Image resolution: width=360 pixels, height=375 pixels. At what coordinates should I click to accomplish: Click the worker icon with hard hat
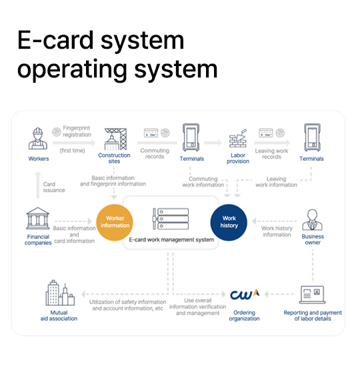click(38, 139)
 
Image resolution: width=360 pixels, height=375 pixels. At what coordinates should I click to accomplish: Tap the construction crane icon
click(115, 139)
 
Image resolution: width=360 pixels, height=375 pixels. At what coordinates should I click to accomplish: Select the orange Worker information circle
click(115, 222)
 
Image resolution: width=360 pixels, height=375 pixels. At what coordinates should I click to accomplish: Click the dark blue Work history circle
click(229, 222)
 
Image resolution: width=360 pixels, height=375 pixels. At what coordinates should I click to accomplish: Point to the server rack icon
click(171, 219)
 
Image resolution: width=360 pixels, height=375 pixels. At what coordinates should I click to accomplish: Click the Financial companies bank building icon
click(38, 218)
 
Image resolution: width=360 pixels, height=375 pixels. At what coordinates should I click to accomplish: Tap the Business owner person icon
click(313, 220)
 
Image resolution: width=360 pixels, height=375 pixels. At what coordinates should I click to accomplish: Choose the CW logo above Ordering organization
click(245, 295)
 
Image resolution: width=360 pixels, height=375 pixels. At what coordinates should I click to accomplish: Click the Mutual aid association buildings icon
click(60, 293)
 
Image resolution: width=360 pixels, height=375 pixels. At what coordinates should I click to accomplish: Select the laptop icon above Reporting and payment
click(313, 295)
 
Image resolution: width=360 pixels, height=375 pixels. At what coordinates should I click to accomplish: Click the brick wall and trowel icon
click(238, 139)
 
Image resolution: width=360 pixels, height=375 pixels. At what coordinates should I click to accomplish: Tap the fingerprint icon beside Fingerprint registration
click(57, 131)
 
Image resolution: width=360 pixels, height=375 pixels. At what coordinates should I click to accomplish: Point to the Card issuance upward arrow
click(37, 185)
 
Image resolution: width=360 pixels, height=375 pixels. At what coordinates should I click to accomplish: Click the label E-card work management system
click(171, 240)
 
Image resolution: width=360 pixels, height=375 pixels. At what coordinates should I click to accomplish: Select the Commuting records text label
click(155, 153)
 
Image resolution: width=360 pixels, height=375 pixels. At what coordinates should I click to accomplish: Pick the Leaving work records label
click(271, 153)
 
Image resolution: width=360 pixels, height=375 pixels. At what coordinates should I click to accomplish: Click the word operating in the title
click(72, 70)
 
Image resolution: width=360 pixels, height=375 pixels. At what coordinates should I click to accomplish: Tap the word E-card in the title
click(55, 40)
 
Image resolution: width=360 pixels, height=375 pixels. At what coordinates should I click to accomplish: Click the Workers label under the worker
click(39, 159)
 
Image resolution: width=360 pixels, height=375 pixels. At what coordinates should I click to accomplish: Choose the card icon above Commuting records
click(151, 133)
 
